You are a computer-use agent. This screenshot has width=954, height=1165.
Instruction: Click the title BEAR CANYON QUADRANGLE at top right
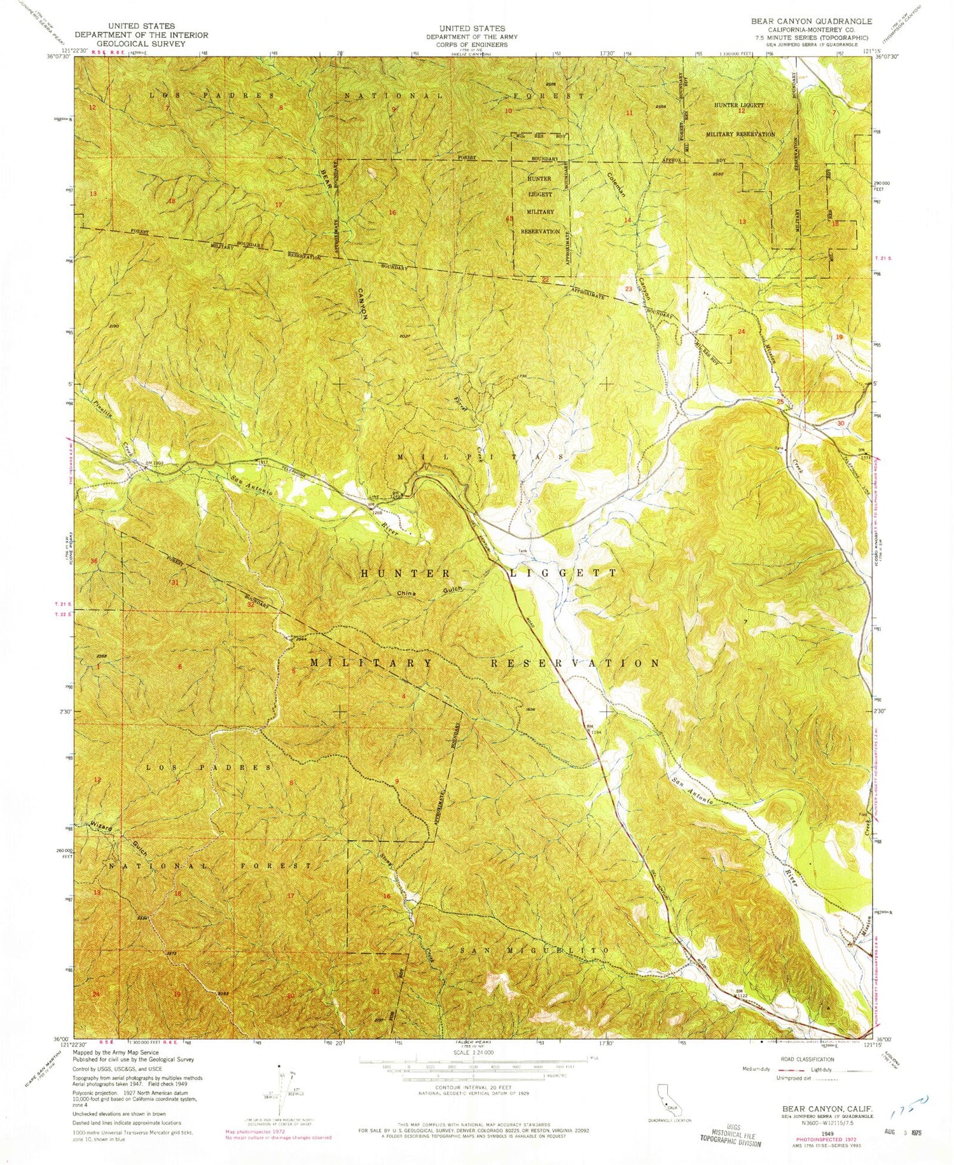pyautogui.click(x=811, y=21)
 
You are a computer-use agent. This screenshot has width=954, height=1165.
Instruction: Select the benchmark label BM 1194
pyautogui.click(x=592, y=729)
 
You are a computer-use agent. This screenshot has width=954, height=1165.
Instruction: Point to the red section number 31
pyautogui.click(x=175, y=582)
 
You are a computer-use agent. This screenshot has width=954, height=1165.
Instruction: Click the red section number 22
pyautogui.click(x=545, y=280)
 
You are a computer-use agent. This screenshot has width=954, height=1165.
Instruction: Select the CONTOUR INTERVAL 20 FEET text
pyautogui.click(x=471, y=1087)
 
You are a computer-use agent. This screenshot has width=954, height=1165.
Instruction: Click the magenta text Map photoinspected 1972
pyautogui.click(x=253, y=1132)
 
